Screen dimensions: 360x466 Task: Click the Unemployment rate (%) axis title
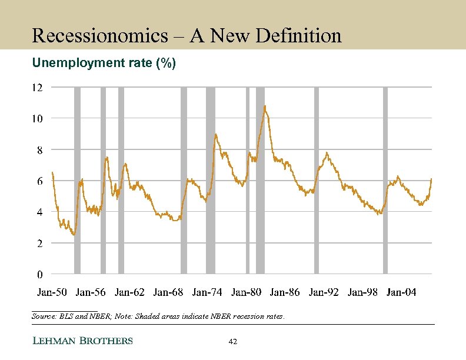(x=104, y=62)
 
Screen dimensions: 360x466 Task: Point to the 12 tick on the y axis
(x=37, y=88)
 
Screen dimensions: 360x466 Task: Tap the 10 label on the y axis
(x=37, y=119)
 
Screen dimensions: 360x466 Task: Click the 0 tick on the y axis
(x=39, y=274)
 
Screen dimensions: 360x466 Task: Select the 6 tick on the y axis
(x=39, y=181)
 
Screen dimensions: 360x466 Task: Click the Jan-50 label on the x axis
(x=52, y=292)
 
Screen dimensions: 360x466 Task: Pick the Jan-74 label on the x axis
(x=207, y=292)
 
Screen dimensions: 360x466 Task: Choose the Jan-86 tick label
(x=285, y=292)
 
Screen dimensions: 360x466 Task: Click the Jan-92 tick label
(x=324, y=292)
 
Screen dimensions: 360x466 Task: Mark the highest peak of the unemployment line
(x=265, y=106)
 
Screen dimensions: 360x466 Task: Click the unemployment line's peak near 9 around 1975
(x=215, y=135)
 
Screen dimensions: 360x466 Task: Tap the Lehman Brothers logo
(x=82, y=341)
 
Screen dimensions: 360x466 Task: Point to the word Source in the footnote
(x=42, y=316)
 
